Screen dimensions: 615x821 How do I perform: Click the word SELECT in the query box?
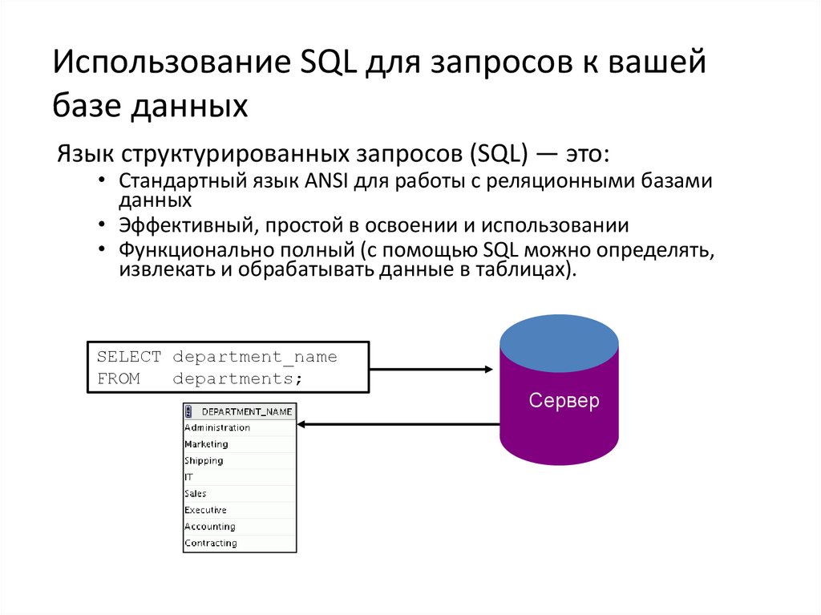coord(129,357)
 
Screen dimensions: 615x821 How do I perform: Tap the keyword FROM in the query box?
coord(119,379)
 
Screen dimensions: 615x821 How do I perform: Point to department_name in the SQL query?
coord(255,357)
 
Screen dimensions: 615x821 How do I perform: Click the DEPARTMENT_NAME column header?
coord(246,411)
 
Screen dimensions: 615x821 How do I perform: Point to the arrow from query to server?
coord(431,370)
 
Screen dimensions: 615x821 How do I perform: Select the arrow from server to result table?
coord(398,424)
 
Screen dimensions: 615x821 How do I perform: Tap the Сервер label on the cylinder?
coord(564,401)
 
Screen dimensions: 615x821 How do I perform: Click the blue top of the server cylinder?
coord(559,342)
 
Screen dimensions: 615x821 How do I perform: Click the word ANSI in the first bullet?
coord(324,181)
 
